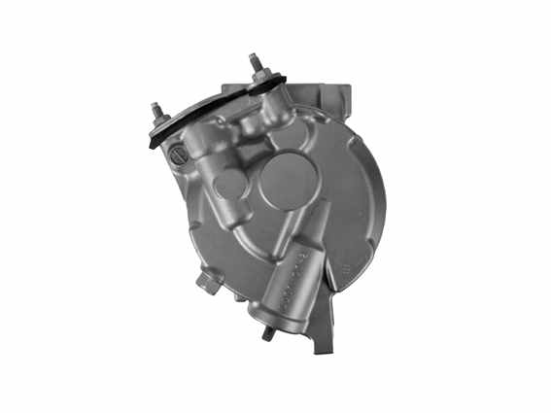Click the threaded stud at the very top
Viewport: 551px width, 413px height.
click(x=258, y=62)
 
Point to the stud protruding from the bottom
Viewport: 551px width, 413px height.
click(x=268, y=332)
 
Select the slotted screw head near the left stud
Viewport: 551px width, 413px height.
click(x=177, y=155)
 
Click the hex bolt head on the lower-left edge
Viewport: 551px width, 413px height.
click(x=205, y=282)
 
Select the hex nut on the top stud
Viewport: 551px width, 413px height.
click(x=260, y=78)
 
